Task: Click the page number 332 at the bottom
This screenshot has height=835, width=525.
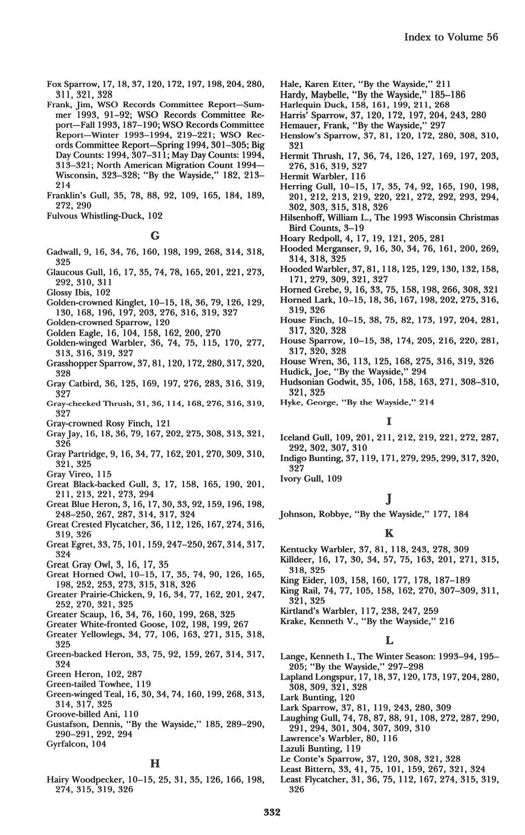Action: point(272,812)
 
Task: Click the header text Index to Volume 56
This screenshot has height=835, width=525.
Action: point(451,38)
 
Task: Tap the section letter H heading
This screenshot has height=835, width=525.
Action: point(154,763)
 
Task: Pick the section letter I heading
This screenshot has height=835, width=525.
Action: point(389,421)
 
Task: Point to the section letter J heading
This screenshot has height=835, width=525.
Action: point(389,499)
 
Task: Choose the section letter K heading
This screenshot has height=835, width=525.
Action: point(389,534)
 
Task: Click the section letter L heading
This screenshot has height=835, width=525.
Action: point(389,640)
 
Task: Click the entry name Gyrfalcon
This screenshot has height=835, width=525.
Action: point(68,744)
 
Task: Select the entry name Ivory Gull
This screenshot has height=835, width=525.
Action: point(303,479)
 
